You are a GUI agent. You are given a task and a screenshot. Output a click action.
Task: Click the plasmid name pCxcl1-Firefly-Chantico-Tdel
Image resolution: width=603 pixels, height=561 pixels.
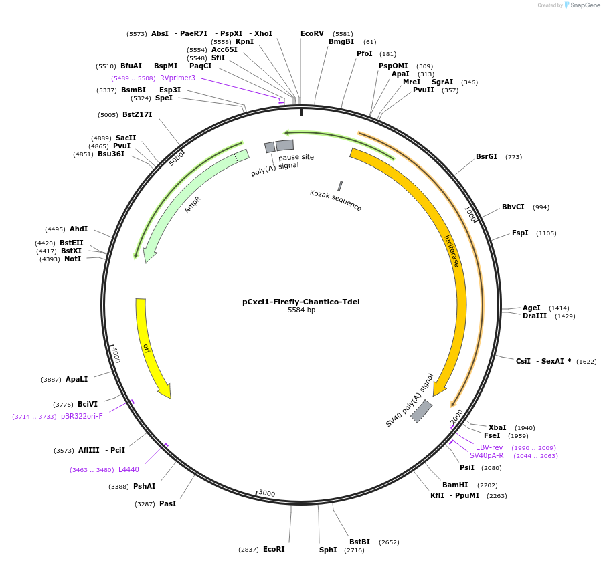pyautogui.click(x=301, y=302)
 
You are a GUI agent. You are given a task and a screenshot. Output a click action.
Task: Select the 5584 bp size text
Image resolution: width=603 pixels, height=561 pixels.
pyautogui.click(x=301, y=310)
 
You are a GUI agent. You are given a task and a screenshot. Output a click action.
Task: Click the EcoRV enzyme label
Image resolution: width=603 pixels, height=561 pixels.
pyautogui.click(x=312, y=33)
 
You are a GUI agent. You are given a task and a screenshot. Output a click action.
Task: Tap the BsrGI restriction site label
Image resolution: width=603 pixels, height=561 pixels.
pyautogui.click(x=487, y=157)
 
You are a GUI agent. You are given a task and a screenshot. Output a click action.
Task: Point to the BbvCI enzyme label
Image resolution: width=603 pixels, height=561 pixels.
pyautogui.click(x=513, y=207)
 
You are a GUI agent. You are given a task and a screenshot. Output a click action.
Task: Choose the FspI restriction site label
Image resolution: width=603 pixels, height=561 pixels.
pyautogui.click(x=520, y=233)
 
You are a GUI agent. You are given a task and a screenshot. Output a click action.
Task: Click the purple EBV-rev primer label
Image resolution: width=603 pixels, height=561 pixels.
pyautogui.click(x=489, y=447)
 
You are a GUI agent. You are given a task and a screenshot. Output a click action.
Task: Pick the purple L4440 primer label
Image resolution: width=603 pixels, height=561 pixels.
pyautogui.click(x=128, y=469)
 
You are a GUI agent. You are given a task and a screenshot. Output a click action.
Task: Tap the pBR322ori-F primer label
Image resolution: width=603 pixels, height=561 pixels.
pyautogui.click(x=82, y=416)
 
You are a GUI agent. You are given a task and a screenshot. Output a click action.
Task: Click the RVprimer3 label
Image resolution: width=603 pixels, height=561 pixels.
pyautogui.click(x=177, y=78)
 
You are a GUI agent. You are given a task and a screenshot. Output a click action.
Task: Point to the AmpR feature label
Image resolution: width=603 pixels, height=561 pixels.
pyautogui.click(x=193, y=205)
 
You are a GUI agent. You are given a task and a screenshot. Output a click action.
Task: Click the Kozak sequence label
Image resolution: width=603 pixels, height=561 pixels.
pyautogui.click(x=335, y=201)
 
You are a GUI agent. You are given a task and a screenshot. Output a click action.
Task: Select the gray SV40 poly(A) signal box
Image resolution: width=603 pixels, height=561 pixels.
pyautogui.click(x=421, y=411)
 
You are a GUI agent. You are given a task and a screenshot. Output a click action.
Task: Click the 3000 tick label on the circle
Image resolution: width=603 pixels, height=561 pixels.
pyautogui.click(x=266, y=493)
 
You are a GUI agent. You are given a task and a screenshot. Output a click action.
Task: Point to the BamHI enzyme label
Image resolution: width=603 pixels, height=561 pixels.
pyautogui.click(x=454, y=485)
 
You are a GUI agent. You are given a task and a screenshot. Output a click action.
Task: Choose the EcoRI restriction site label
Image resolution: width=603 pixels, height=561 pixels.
pyautogui.click(x=274, y=549)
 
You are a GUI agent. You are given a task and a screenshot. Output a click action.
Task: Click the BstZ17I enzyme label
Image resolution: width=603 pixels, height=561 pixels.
pyautogui.click(x=137, y=114)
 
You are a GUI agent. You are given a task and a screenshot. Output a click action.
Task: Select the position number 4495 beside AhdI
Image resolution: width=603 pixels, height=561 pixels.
pyautogui.click(x=55, y=229)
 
